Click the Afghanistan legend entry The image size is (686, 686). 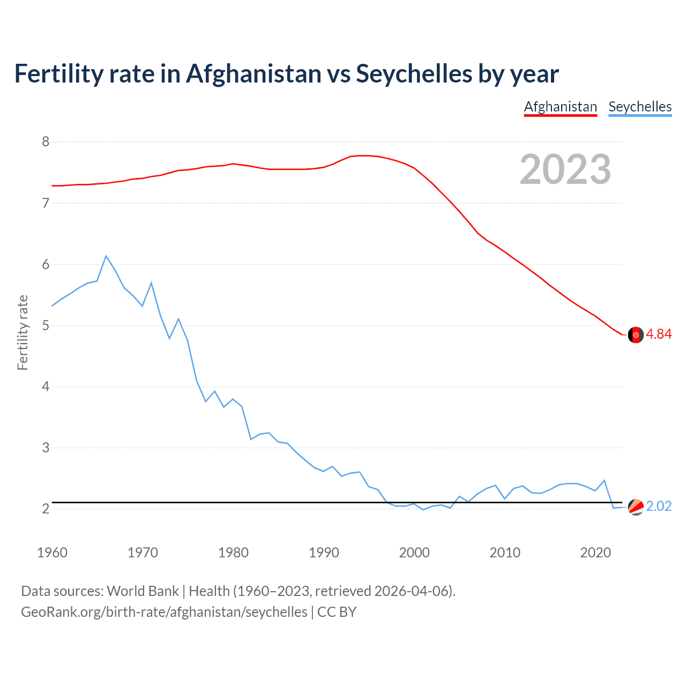coord(560,107)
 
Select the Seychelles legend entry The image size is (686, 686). coord(640,107)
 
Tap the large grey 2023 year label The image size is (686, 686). coord(565,169)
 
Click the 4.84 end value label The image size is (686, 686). coord(659,334)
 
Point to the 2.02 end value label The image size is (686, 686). coord(659,506)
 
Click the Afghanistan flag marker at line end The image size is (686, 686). coord(636,334)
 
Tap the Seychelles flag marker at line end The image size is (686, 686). coord(636,506)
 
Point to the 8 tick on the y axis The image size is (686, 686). coord(46,141)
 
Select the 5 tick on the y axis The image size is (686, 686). coord(46,325)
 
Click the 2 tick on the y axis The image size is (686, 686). coord(46,509)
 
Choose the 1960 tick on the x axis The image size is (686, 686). coord(52,553)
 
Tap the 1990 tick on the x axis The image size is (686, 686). coord(324,553)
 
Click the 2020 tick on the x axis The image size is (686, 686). coord(595,553)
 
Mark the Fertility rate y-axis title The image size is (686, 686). coord(23,332)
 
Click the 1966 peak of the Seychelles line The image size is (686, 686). coord(106,256)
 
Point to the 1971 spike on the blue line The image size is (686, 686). coord(151,282)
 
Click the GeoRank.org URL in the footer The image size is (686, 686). coord(164,612)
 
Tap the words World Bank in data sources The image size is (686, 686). coord(143,591)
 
